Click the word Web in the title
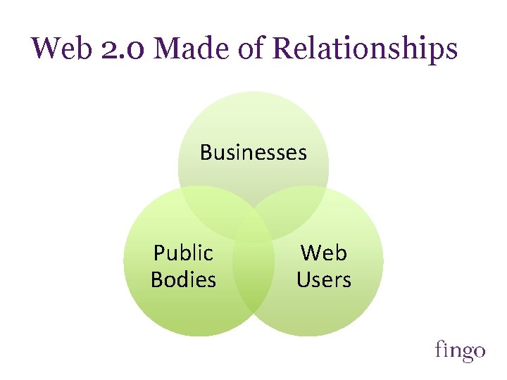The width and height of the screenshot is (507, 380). click(58, 49)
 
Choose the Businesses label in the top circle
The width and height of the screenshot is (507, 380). click(254, 152)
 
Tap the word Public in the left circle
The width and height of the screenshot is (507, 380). click(183, 252)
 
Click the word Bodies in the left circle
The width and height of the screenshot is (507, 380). click(183, 279)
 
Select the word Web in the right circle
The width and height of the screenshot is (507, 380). click(324, 252)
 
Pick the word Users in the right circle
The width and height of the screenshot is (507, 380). click(324, 279)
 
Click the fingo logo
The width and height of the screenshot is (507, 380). click(460, 350)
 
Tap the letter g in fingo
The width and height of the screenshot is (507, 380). click(460, 352)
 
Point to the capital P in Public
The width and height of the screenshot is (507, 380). click(159, 252)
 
